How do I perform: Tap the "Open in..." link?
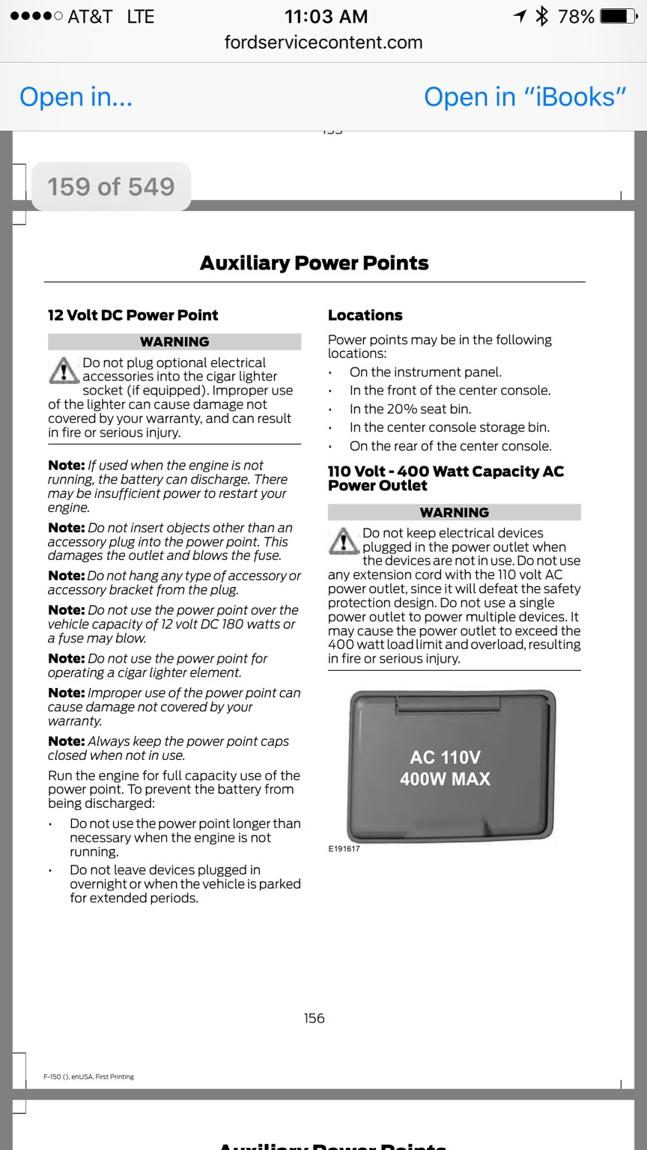76,97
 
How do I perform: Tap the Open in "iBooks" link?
525,97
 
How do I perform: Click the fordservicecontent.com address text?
323,43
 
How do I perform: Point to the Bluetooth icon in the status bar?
541,16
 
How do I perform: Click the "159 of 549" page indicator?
111,186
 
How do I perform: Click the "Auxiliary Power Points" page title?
315,263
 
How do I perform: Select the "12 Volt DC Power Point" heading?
133,315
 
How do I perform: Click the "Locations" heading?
365,315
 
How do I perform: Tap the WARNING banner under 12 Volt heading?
174,341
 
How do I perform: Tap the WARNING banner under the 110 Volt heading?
455,512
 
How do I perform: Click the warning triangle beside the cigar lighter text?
64,371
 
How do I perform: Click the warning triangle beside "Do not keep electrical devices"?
344,541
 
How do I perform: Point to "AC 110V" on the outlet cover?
446,757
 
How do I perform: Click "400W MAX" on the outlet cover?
446,779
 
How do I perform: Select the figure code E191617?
344,849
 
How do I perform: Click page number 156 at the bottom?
315,1018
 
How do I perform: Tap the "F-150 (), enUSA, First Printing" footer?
89,1077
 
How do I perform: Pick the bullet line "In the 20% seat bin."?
410,409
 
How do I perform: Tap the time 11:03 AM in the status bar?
326,16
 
